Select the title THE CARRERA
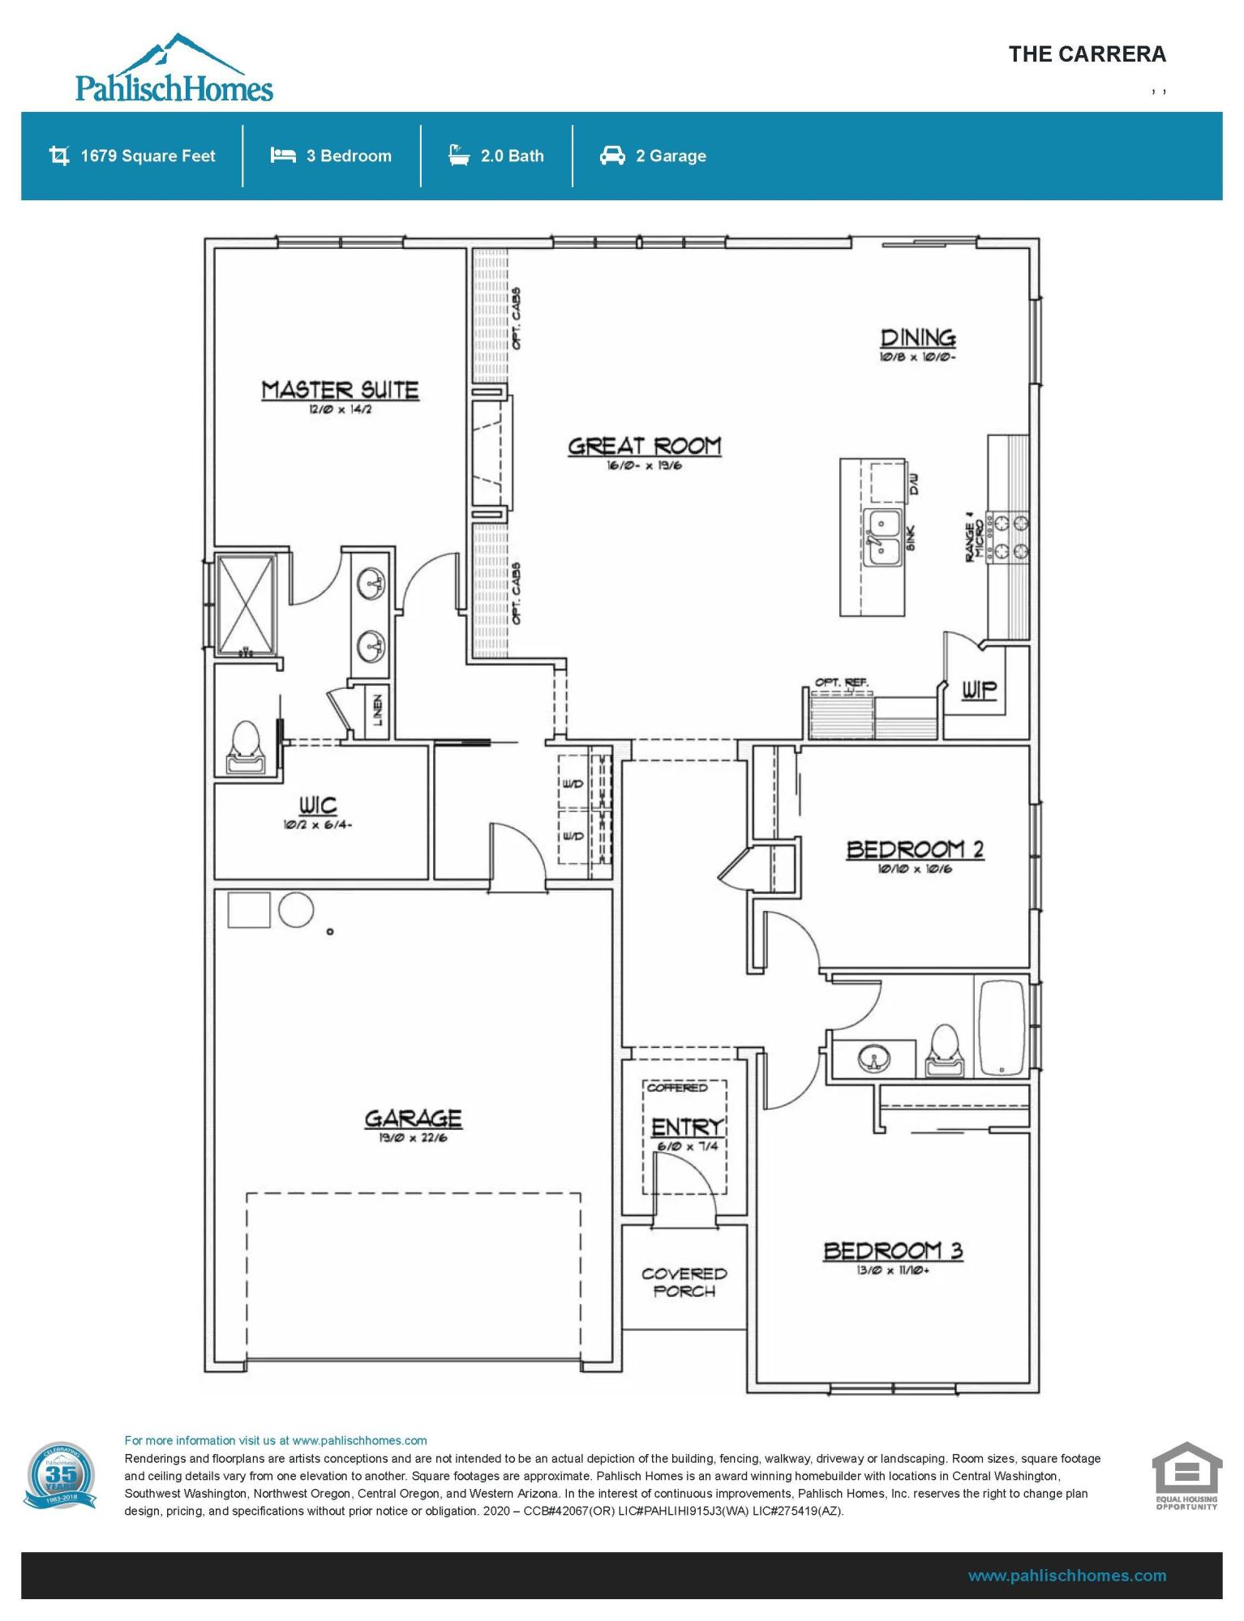[x=1087, y=54]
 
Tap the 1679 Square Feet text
[x=148, y=156]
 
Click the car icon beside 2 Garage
[x=612, y=156]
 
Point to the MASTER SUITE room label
[x=340, y=391]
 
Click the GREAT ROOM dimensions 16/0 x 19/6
[x=644, y=466]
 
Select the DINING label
[x=917, y=338]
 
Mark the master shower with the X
[x=247, y=604]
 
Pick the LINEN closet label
[x=378, y=711]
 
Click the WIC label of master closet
[x=317, y=805]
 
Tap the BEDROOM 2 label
[x=915, y=849]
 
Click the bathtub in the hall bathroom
[x=1002, y=1028]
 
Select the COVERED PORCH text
[x=684, y=1282]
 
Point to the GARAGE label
[x=413, y=1118]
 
